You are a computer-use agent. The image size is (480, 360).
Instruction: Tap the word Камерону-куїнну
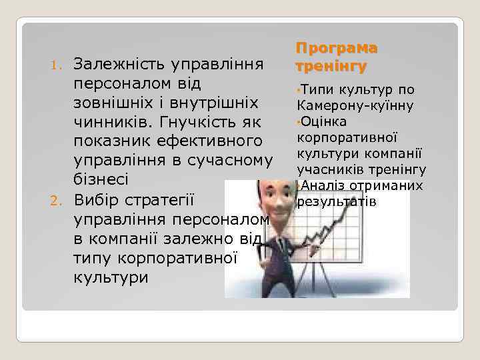[x=355, y=105]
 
